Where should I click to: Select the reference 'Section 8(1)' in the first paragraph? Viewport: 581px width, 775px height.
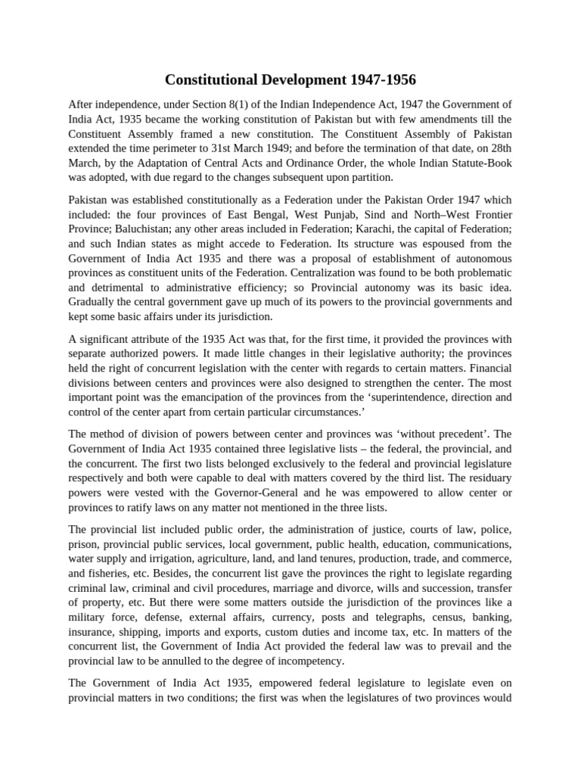click(x=227, y=104)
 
